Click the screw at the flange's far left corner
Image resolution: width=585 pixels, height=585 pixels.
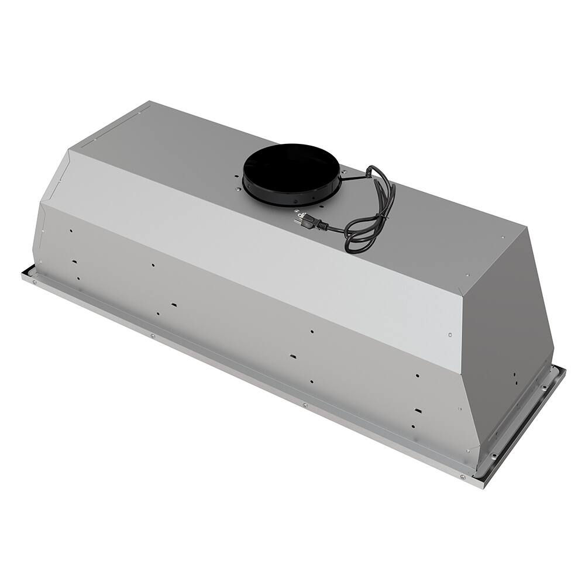[35, 282]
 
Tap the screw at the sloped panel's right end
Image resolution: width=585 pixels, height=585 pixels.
[449, 335]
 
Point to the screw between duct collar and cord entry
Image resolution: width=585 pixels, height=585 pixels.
[345, 172]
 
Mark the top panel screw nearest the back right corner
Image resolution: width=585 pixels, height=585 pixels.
[502, 238]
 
